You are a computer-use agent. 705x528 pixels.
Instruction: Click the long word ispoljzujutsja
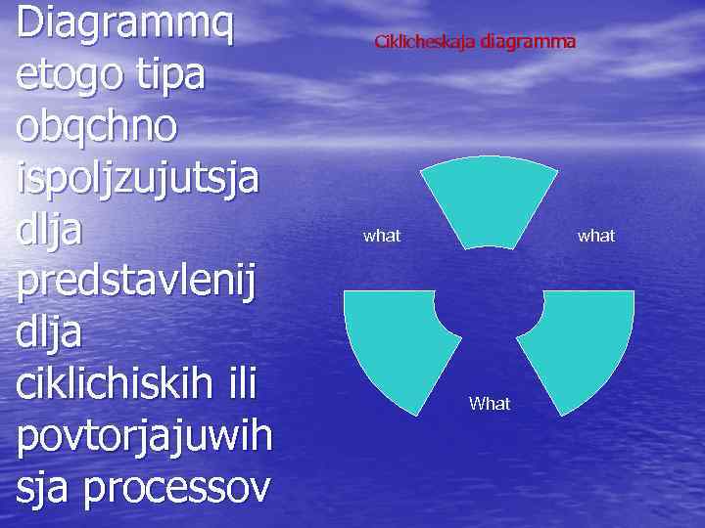click(x=138, y=180)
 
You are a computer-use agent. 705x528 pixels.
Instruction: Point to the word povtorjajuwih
click(x=144, y=435)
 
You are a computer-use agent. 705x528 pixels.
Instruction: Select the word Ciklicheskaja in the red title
click(x=425, y=42)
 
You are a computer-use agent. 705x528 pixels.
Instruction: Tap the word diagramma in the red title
click(x=528, y=42)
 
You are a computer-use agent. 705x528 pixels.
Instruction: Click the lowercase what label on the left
click(x=382, y=236)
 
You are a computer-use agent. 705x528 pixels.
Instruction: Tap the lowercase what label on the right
click(x=596, y=236)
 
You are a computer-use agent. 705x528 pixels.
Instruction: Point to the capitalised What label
click(x=490, y=403)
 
